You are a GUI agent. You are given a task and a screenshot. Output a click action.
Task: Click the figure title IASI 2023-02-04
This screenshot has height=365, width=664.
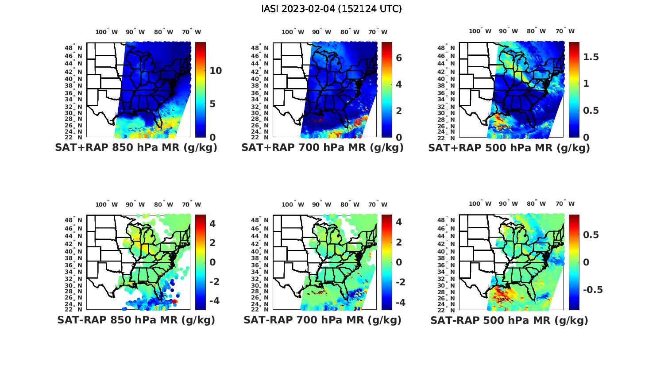tap(332, 9)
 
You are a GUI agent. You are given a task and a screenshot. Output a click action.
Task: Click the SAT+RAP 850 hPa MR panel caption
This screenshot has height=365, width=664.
tap(136, 148)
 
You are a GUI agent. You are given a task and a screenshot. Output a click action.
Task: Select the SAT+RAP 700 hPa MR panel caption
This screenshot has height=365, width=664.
tap(322, 148)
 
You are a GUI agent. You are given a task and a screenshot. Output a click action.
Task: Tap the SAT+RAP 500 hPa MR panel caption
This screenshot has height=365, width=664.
tap(509, 148)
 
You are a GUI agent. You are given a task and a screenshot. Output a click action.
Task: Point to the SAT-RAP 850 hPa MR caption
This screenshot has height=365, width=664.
tap(136, 320)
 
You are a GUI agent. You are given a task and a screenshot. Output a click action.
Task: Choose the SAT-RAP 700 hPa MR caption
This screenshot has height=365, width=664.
tap(322, 320)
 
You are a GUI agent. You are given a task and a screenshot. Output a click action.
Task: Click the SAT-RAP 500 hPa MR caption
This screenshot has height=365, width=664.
tap(509, 320)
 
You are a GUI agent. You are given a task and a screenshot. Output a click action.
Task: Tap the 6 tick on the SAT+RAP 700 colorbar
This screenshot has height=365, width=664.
tap(398, 58)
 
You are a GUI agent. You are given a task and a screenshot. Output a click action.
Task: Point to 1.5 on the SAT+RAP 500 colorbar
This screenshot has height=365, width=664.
tap(591, 57)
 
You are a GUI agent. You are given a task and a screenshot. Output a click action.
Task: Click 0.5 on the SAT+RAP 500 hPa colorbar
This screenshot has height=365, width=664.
tap(591, 111)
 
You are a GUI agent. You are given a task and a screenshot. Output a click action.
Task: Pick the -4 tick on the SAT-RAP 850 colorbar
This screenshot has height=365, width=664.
tap(210, 301)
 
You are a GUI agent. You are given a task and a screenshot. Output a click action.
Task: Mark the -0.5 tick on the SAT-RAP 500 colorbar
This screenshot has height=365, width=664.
tap(590, 290)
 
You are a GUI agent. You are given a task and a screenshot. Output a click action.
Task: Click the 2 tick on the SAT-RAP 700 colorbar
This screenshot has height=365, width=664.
tap(398, 242)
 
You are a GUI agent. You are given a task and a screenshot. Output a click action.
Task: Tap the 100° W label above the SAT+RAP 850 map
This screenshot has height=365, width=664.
tap(107, 32)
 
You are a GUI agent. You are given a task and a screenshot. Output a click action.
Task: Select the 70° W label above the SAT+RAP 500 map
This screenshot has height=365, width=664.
tap(565, 31)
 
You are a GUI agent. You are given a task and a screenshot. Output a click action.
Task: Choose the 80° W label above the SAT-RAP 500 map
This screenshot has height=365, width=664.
tap(536, 204)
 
